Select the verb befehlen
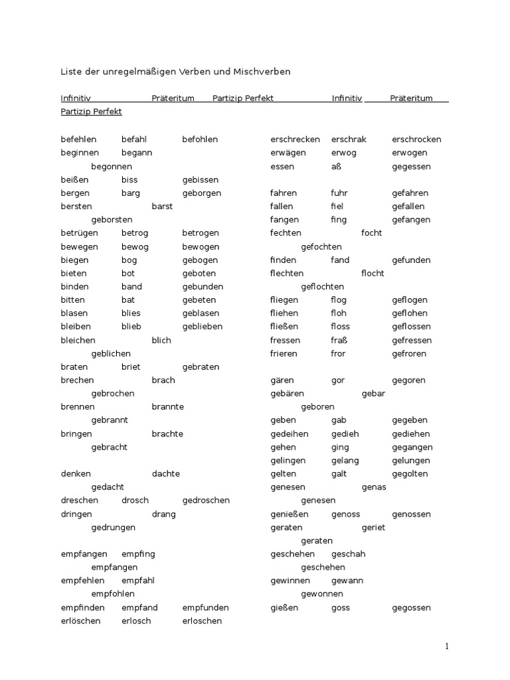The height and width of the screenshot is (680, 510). pyautogui.click(x=78, y=139)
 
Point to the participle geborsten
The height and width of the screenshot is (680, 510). pyautogui.click(x=112, y=220)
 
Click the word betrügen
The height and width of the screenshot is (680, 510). pyautogui.click(x=79, y=233)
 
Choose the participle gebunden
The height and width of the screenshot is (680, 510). pyautogui.click(x=203, y=287)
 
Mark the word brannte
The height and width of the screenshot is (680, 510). pyautogui.click(x=167, y=407)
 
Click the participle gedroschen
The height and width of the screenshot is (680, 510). pyautogui.click(x=206, y=501)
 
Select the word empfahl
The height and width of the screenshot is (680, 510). pyautogui.click(x=138, y=581)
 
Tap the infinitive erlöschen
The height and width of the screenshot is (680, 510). pyautogui.click(x=80, y=621)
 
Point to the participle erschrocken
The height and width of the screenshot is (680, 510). pyautogui.click(x=416, y=139)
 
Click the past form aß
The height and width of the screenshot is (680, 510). pyautogui.click(x=336, y=167)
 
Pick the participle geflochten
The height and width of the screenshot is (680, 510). pyautogui.click(x=322, y=287)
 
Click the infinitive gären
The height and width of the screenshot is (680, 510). pyautogui.click(x=283, y=381)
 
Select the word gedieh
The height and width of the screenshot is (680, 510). pyautogui.click(x=345, y=434)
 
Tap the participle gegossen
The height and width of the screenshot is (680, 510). pyautogui.click(x=411, y=608)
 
